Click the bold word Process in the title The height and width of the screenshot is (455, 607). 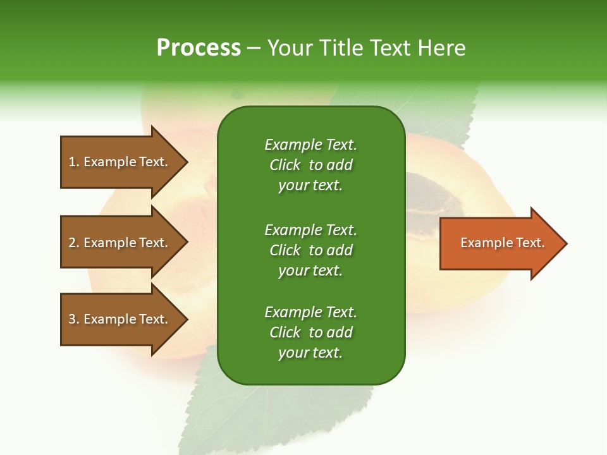point(199,48)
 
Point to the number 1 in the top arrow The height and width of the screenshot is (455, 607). point(72,162)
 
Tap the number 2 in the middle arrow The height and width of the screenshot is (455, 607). point(72,243)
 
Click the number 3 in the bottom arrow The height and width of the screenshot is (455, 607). point(72,319)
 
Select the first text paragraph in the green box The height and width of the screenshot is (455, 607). point(310,165)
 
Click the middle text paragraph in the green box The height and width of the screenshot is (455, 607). point(310,250)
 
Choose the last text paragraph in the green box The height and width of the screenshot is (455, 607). point(310,332)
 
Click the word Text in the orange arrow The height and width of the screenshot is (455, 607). point(530,243)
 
